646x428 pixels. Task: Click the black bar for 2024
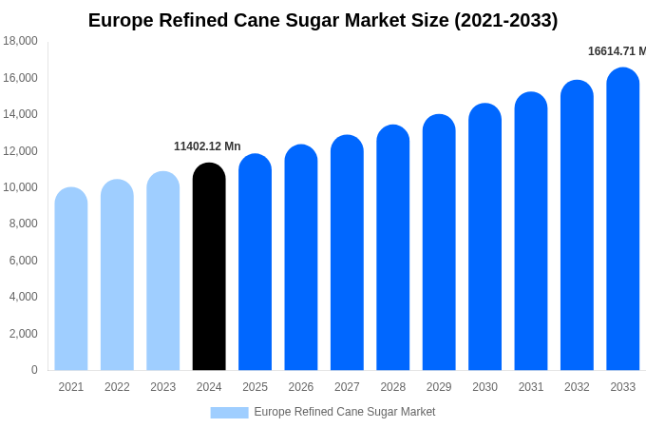pyautogui.click(x=209, y=267)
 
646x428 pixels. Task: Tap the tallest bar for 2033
pyautogui.click(x=623, y=220)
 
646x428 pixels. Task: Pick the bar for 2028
pyautogui.click(x=393, y=248)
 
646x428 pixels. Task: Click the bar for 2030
pyautogui.click(x=484, y=238)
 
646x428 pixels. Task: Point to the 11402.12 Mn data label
pyautogui.click(x=207, y=146)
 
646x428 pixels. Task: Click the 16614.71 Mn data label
pyautogui.click(x=616, y=51)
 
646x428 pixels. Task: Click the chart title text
pyautogui.click(x=323, y=20)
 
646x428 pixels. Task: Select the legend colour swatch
pyautogui.click(x=229, y=412)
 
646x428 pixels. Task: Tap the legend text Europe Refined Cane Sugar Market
pyautogui.click(x=344, y=412)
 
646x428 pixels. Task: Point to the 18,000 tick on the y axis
pyautogui.click(x=20, y=41)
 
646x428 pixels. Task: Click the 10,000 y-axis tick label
pyautogui.click(x=20, y=187)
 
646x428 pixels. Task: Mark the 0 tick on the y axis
pyautogui.click(x=34, y=370)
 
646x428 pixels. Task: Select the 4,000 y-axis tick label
pyautogui.click(x=23, y=297)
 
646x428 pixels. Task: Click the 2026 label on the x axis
pyautogui.click(x=301, y=387)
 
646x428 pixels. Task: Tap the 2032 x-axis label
pyautogui.click(x=577, y=387)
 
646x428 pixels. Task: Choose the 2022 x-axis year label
pyautogui.click(x=117, y=387)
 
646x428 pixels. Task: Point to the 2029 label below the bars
pyautogui.click(x=439, y=387)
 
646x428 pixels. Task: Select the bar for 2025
pyautogui.click(x=255, y=263)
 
